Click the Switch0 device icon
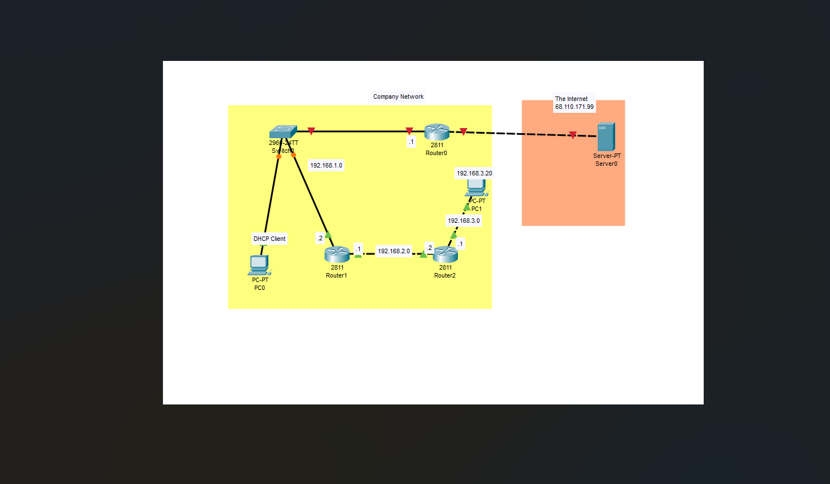(283, 131)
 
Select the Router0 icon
(437, 132)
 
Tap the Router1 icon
(337, 254)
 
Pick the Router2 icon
(445, 254)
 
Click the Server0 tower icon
(606, 137)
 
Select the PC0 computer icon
(259, 265)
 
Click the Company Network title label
(398, 96)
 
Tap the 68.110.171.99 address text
(574, 107)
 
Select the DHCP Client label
(270, 239)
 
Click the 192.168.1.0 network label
(326, 165)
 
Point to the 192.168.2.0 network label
(394, 251)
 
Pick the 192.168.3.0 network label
(463, 221)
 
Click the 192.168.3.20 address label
(474, 173)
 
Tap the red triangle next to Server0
(573, 135)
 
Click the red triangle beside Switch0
(311, 131)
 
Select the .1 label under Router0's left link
(411, 142)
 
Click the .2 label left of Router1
(320, 238)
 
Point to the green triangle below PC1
(467, 208)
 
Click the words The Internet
(571, 99)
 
